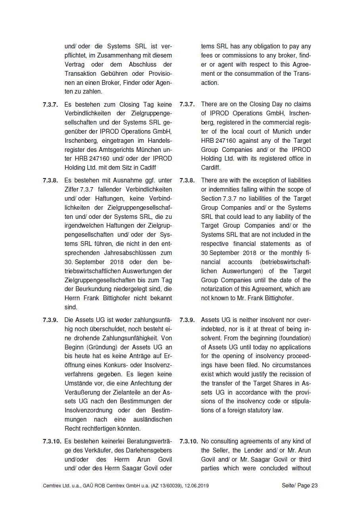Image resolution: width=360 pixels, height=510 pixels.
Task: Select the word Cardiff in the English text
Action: point(211,168)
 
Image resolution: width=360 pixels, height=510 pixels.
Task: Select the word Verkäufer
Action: point(116,450)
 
